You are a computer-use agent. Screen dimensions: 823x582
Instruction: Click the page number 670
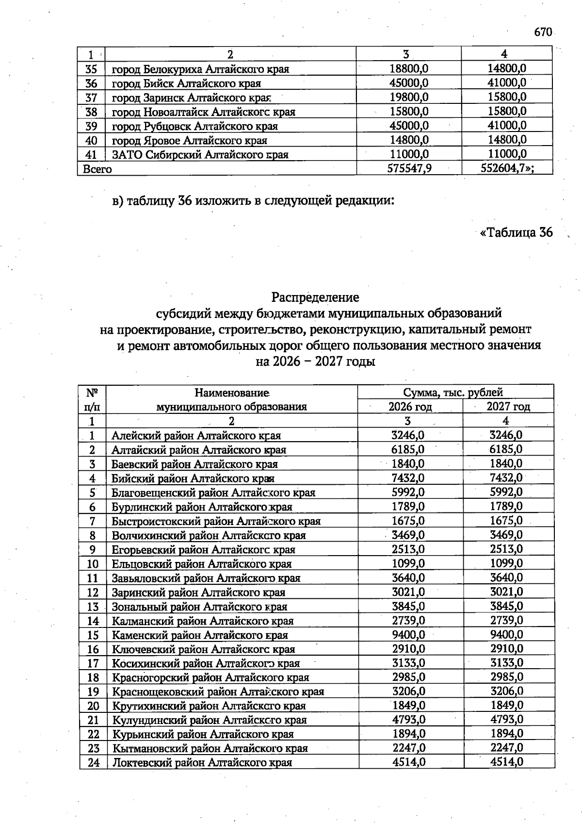[x=543, y=32]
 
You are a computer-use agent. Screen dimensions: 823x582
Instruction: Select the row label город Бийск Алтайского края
[x=187, y=83]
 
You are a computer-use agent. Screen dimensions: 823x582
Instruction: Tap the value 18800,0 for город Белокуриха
[x=409, y=69]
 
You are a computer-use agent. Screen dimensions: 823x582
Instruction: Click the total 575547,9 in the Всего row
[x=409, y=169]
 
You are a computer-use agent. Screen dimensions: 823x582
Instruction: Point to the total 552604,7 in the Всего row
[x=507, y=169]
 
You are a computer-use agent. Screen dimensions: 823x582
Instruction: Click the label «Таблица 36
[x=516, y=232]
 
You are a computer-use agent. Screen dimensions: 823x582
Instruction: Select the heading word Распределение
[x=315, y=296]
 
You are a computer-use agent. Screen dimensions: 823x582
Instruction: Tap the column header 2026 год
[x=410, y=407]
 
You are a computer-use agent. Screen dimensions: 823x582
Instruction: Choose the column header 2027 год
[x=508, y=407]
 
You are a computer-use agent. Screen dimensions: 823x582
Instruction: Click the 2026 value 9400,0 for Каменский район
[x=408, y=635]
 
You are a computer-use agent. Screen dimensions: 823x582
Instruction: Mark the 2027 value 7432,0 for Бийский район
[x=506, y=478]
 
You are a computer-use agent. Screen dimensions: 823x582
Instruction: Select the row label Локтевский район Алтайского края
[x=202, y=763]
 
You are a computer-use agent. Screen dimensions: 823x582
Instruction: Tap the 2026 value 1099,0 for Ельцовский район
[x=408, y=564]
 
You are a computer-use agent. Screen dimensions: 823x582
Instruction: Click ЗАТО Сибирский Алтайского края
[x=200, y=155]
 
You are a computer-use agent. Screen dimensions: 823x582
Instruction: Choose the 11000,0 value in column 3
[x=409, y=155]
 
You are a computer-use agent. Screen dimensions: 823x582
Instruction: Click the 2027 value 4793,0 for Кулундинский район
[x=506, y=720]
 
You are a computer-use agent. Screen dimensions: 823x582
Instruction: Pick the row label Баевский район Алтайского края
[x=194, y=464]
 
